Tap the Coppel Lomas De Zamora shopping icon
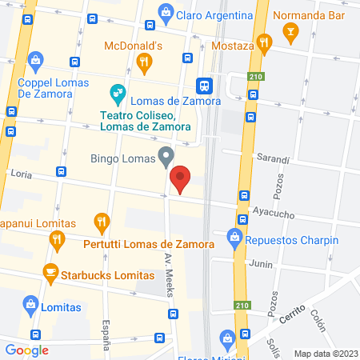coord(35,58)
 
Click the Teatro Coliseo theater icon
coord(118,92)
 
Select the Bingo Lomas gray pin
coord(166,157)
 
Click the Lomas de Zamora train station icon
coord(204,85)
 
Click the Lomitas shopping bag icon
coord(30,304)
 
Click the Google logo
coord(26,350)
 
